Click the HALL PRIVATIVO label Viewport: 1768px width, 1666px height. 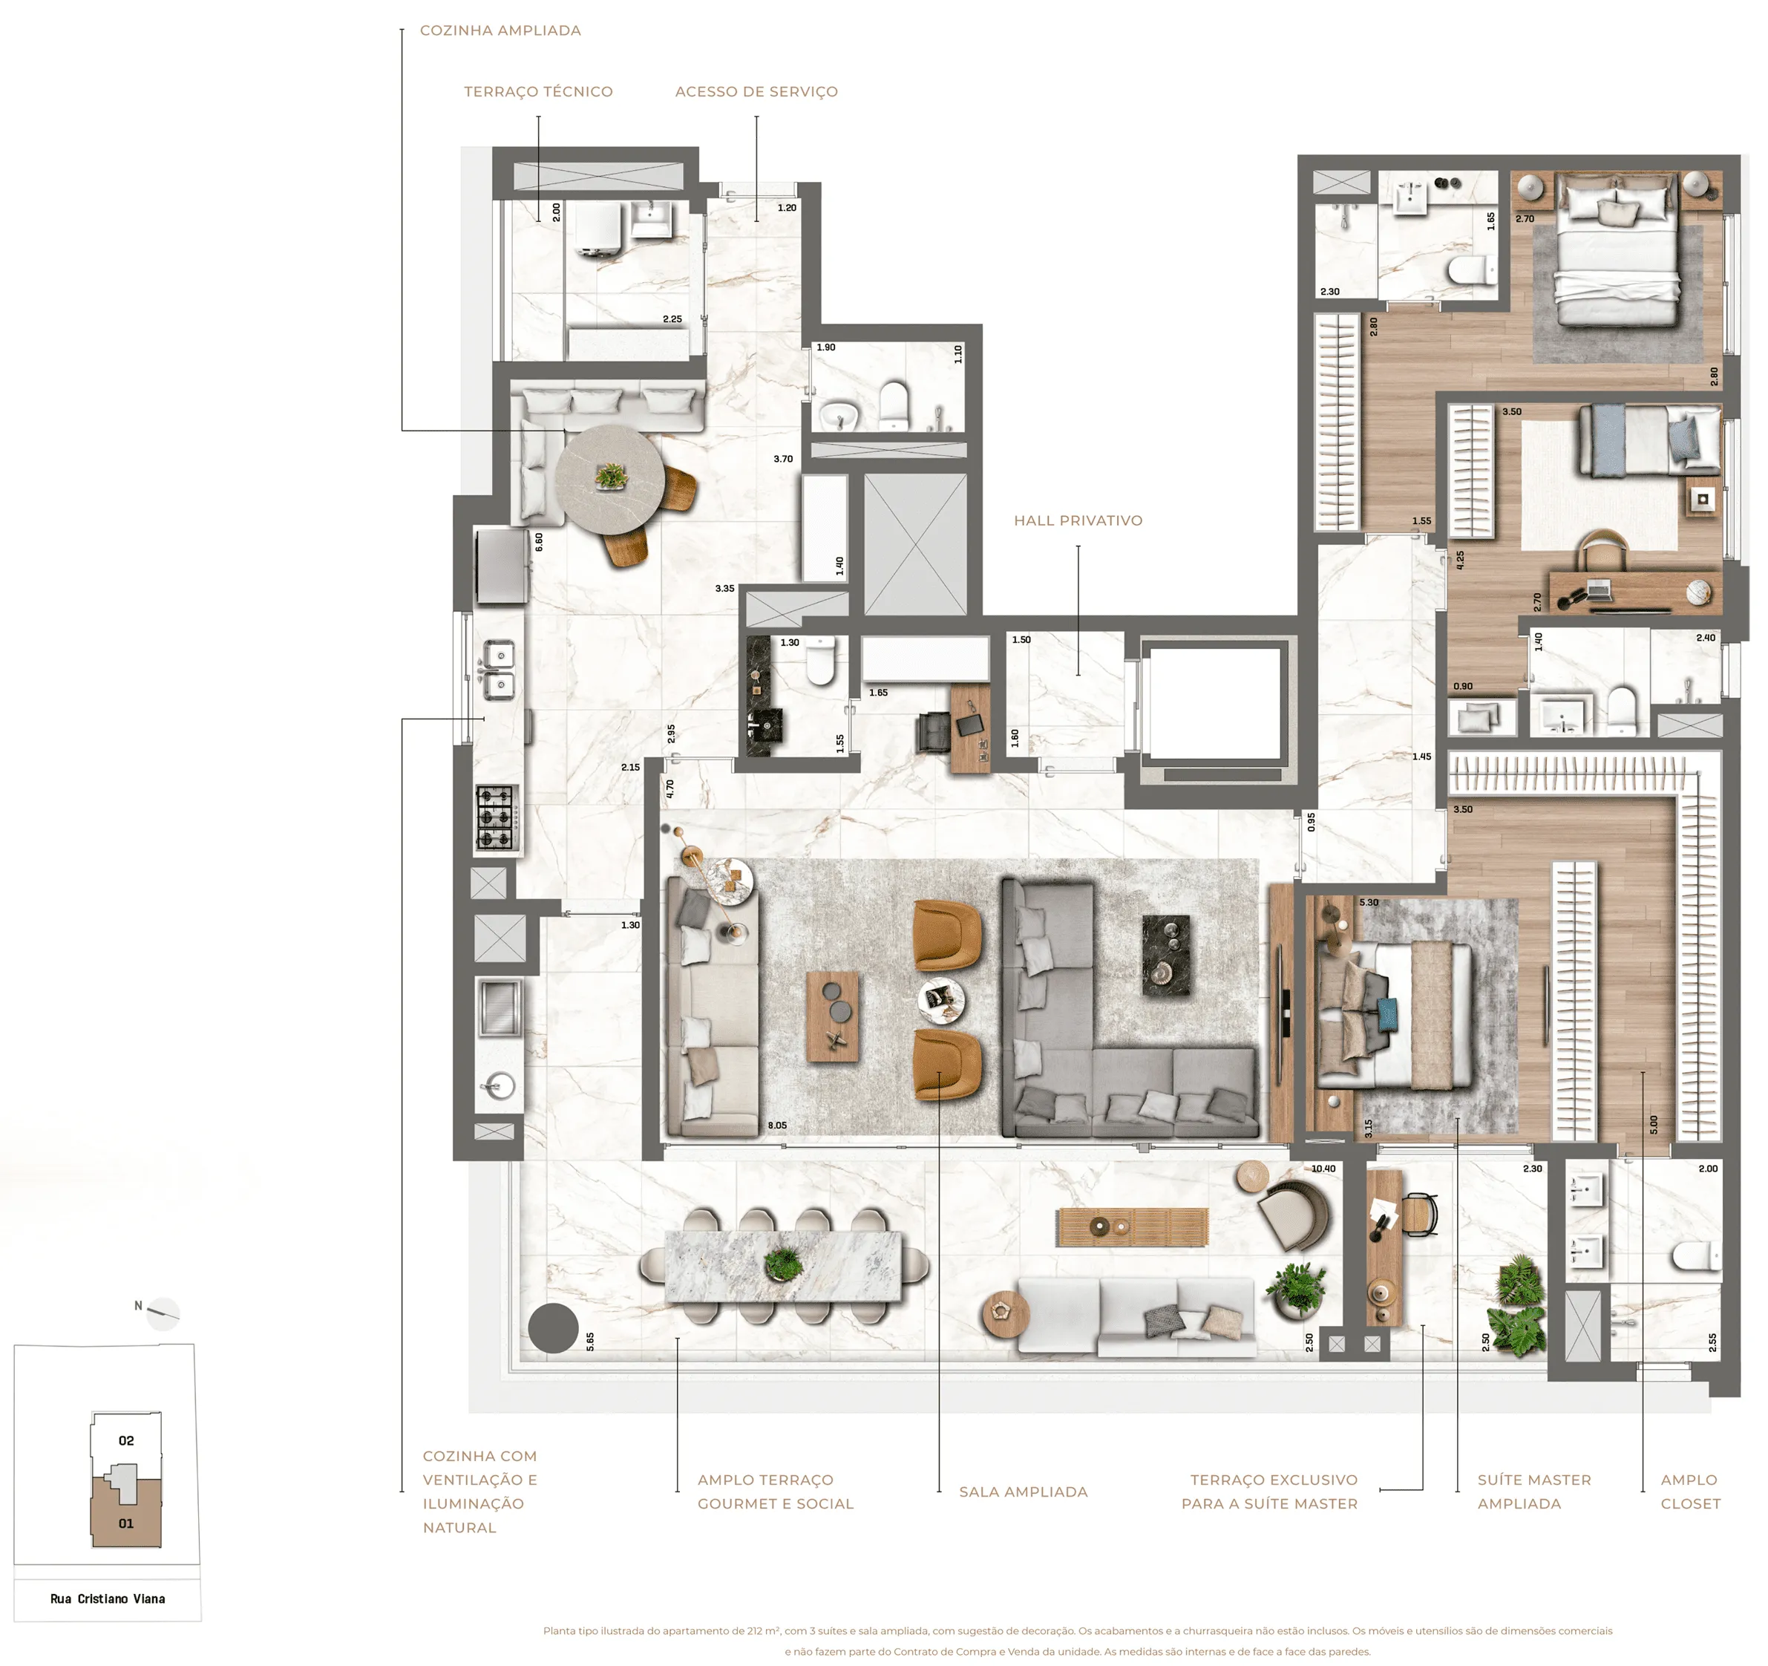click(1078, 520)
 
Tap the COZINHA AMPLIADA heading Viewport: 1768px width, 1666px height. click(501, 30)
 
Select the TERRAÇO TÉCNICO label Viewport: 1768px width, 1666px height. click(538, 91)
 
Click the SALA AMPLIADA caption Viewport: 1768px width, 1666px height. click(1023, 1492)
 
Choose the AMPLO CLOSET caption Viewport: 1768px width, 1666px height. click(1690, 1492)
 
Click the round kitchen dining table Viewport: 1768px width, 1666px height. click(609, 480)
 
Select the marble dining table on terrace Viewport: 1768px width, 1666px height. click(782, 1266)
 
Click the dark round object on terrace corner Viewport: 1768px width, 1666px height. click(553, 1329)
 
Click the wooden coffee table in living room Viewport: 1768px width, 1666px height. click(833, 1016)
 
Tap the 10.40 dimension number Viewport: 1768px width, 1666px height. click(1323, 1169)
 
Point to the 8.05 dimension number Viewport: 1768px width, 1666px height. click(777, 1126)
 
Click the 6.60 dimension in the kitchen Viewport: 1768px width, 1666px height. click(539, 542)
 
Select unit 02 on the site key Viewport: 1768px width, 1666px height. click(126, 1440)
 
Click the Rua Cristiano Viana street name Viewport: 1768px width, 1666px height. click(108, 1598)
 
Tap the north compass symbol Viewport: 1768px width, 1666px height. click(162, 1313)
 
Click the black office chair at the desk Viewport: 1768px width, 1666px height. click(934, 732)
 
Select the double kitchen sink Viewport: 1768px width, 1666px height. click(500, 670)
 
